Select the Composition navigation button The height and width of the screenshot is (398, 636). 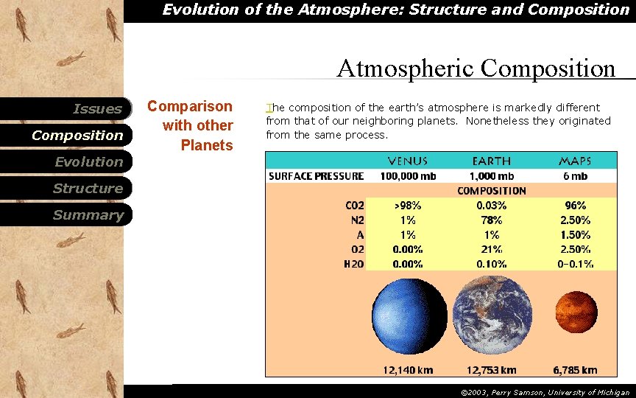tap(77, 136)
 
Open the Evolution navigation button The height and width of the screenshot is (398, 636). tap(88, 162)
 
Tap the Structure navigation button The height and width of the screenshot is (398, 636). tap(88, 189)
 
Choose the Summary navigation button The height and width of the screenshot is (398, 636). tap(88, 215)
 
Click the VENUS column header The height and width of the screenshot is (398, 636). tap(408, 161)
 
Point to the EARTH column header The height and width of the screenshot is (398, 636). tap(491, 161)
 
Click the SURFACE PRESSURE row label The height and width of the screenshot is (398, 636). tap(316, 176)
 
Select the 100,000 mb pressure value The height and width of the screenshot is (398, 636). tap(408, 176)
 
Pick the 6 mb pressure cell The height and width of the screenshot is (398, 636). tap(575, 176)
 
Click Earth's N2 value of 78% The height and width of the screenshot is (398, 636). tap(491, 220)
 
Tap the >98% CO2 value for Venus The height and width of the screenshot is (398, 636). tap(408, 206)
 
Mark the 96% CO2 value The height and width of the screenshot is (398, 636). tap(575, 206)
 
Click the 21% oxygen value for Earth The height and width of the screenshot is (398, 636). tap(491, 249)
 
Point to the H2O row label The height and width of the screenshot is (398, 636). tap(353, 264)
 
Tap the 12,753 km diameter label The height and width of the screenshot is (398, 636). tap(491, 369)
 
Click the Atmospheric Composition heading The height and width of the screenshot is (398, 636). tap(476, 69)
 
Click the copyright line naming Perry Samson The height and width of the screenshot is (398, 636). tap(545, 393)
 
